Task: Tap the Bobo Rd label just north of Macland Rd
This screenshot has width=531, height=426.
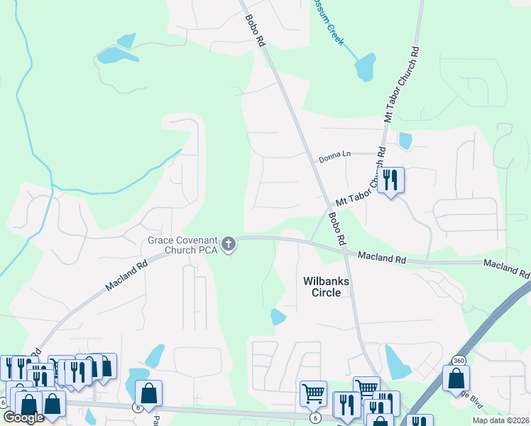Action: [x=336, y=229]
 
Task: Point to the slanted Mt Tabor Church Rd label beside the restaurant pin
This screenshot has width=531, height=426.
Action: [x=358, y=188]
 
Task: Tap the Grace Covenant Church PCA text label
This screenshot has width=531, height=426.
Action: [x=182, y=245]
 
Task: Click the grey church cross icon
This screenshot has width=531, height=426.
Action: [x=229, y=245]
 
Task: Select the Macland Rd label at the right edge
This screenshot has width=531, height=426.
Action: [x=507, y=268]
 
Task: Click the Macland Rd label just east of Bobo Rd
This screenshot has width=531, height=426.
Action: [x=381, y=258]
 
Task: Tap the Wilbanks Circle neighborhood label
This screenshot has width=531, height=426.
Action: [x=327, y=286]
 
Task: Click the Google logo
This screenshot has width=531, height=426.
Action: [x=23, y=417]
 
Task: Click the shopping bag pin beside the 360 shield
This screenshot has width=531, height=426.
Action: [x=456, y=378]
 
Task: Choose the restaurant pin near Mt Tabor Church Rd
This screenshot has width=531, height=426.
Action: [x=390, y=180]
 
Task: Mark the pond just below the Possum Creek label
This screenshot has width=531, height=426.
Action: [x=364, y=68]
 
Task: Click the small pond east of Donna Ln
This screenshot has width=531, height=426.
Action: [x=405, y=141]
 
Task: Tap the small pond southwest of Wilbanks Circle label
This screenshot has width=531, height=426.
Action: [x=278, y=317]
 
